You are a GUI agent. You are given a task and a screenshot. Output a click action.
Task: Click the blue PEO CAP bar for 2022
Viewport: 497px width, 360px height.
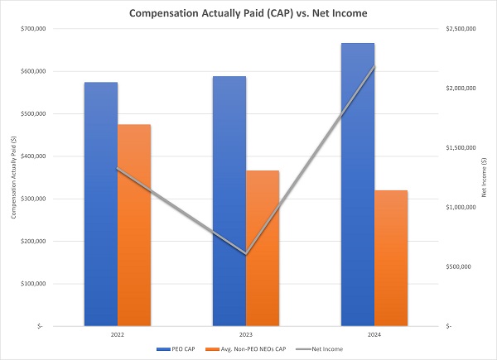(101, 204)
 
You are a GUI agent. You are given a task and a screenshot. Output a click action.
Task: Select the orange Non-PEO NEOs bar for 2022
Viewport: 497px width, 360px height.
(134, 225)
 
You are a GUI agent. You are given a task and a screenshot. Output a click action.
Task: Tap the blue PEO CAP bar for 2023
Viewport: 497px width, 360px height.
(229, 201)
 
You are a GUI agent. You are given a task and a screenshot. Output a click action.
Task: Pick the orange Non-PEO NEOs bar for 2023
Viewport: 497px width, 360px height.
(263, 248)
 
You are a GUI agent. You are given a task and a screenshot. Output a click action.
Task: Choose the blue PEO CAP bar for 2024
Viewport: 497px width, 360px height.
(358, 185)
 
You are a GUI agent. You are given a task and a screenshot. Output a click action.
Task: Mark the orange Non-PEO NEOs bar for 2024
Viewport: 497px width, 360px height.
(391, 258)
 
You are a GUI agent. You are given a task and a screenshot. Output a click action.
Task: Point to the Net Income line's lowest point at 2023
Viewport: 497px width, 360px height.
(246, 254)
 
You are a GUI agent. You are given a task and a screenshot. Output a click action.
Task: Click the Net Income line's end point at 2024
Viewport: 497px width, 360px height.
(374, 66)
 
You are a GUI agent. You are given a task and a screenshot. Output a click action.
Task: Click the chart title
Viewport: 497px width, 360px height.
(248, 13)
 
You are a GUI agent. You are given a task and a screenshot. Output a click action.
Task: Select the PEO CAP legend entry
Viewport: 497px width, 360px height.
(176, 349)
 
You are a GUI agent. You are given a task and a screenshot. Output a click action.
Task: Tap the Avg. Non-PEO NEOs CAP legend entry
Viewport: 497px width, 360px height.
(246, 349)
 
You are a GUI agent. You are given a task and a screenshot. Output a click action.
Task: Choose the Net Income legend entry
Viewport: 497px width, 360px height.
(320, 349)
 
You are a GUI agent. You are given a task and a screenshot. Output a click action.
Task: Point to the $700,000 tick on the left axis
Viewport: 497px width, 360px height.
(33, 29)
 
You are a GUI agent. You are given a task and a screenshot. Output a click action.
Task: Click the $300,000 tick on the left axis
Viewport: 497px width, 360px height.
(33, 199)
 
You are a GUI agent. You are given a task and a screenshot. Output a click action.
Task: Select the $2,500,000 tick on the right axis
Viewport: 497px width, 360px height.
(461, 29)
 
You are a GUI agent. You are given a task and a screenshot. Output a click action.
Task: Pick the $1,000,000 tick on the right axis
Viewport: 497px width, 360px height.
(461, 207)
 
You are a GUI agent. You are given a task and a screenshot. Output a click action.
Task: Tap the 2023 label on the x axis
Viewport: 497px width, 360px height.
(246, 334)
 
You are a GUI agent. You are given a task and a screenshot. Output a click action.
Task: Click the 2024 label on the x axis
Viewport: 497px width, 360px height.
(374, 334)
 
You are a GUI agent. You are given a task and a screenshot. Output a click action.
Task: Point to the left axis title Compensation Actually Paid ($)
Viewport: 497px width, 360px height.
(13, 177)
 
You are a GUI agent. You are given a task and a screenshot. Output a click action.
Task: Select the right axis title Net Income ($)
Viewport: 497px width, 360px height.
(484, 177)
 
